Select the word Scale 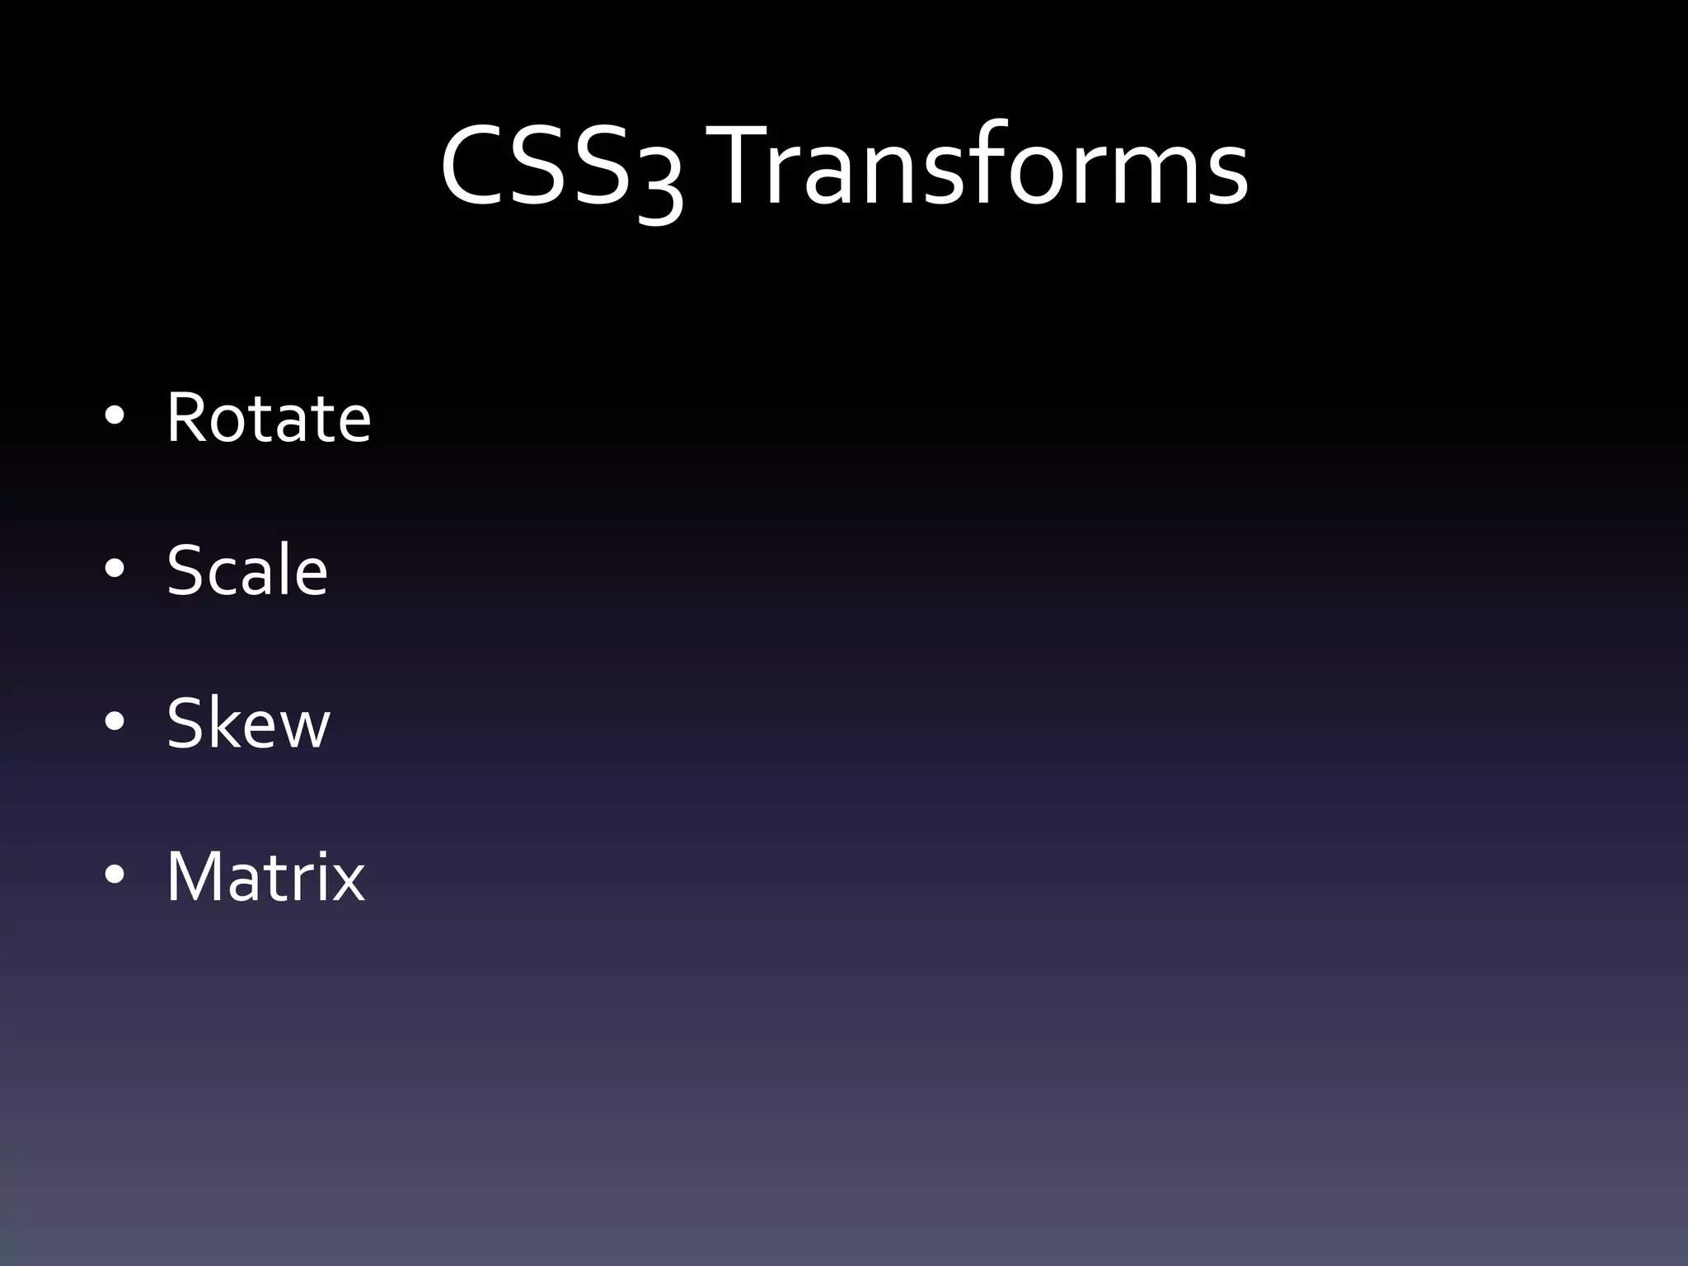pyautogui.click(x=247, y=570)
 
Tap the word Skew pyautogui.click(x=248, y=723)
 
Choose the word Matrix pyautogui.click(x=265, y=876)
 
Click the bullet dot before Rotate pyautogui.click(x=115, y=416)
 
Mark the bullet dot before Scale pyautogui.click(x=115, y=569)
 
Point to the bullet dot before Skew pyautogui.click(x=115, y=722)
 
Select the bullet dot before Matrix pyautogui.click(x=115, y=875)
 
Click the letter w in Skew pyautogui.click(x=302, y=729)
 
